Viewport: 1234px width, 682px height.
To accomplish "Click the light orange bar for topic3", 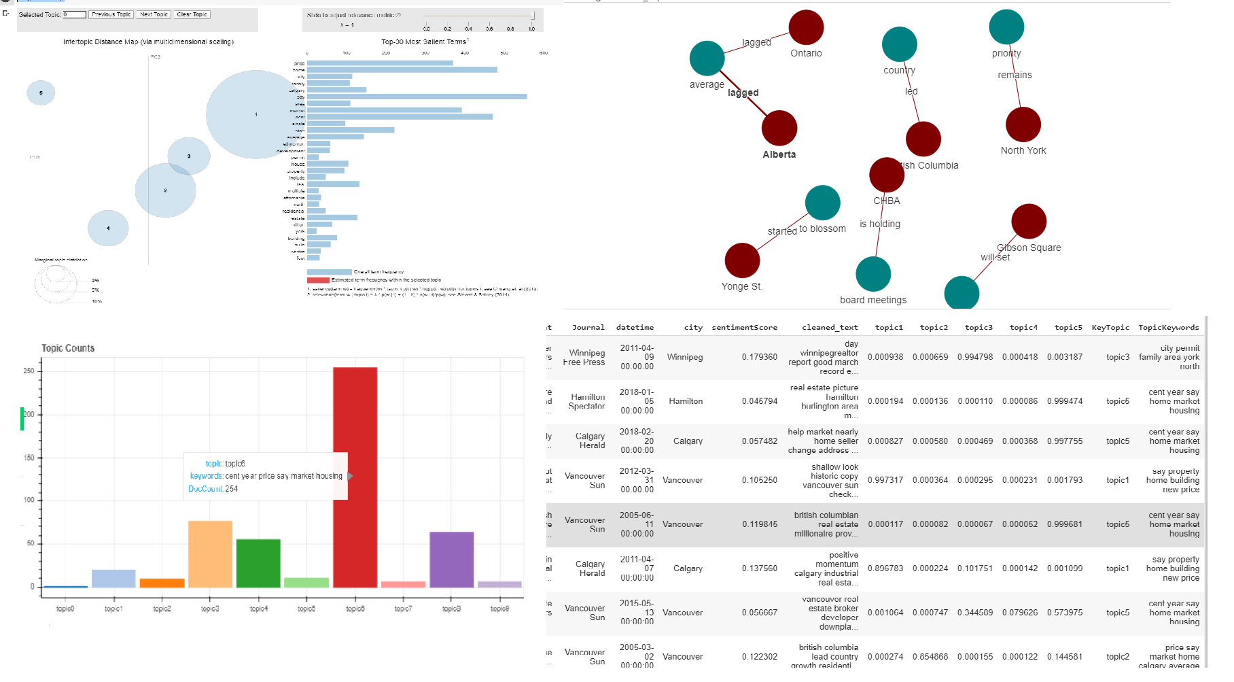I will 210,553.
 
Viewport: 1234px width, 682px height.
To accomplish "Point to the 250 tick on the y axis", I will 29,371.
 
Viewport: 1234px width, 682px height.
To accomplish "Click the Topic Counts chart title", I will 68,348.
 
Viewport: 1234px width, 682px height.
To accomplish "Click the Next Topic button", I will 154,14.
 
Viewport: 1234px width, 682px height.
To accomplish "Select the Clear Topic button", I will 192,14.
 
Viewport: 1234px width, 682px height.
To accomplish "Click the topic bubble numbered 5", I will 41,93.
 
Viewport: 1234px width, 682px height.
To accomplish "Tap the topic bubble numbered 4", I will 108,228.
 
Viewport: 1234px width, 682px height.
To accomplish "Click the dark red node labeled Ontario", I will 806,28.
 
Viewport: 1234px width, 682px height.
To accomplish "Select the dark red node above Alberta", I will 779,128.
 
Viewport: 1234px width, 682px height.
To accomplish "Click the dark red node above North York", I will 1023,124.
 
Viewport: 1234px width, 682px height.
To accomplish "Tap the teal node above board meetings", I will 873,274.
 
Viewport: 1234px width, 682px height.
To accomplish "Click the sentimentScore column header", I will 744,328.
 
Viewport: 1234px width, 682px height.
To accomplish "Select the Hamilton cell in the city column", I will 686,401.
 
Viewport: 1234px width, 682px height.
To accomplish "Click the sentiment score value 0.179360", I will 759,357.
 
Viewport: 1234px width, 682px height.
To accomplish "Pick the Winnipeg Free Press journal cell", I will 584,358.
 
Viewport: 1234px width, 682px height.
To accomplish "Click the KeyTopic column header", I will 1110,328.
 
